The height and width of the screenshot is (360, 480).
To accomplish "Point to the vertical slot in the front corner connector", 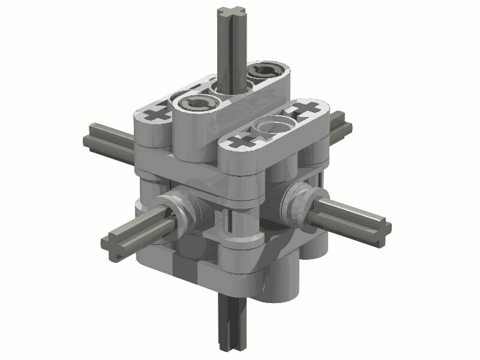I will click(x=230, y=225).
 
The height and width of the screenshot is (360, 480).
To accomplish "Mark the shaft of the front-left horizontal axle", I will click(x=141, y=231).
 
